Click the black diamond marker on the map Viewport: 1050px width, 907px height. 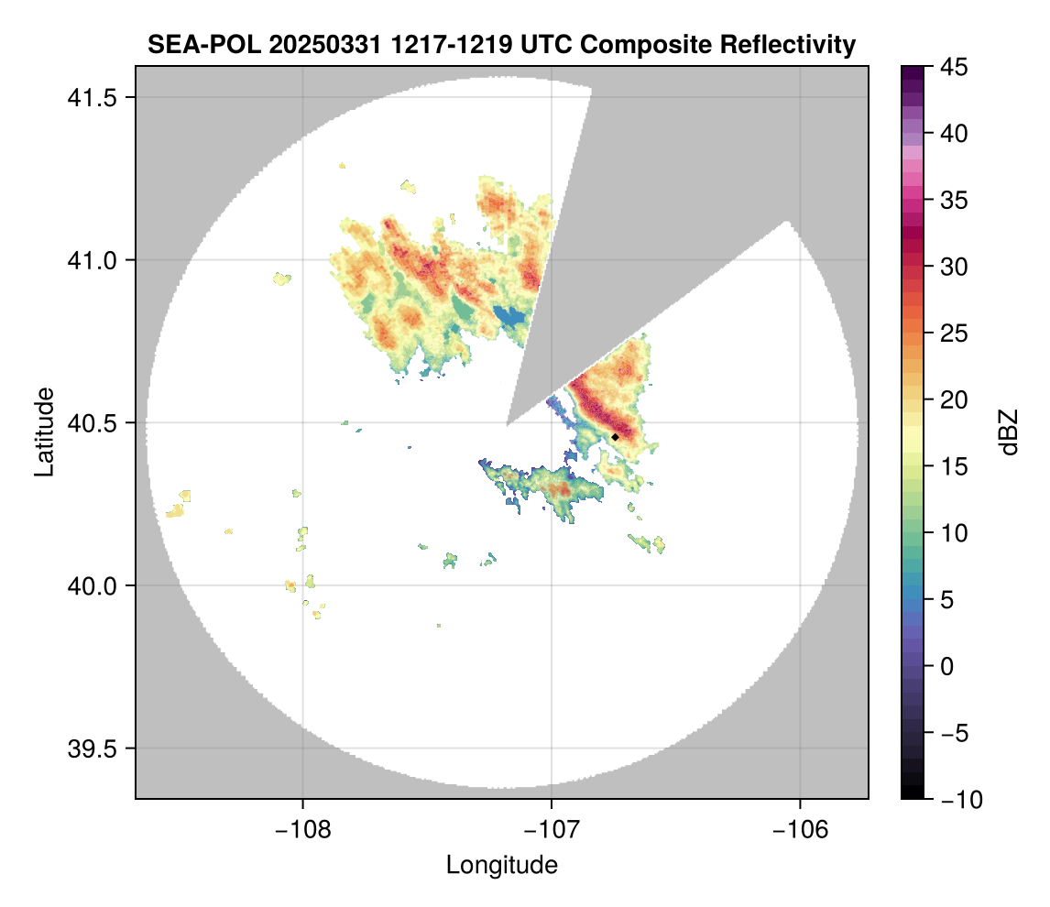coord(615,437)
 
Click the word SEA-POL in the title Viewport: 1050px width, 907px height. coord(197,44)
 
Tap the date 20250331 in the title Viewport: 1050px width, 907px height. coord(312,44)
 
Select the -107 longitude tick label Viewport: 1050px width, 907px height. coord(552,829)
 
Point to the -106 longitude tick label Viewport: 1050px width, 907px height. coord(801,829)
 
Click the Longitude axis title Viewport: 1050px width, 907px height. coord(501,865)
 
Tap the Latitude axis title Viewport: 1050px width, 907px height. coord(44,432)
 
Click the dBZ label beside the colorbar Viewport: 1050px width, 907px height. coord(1009,432)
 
